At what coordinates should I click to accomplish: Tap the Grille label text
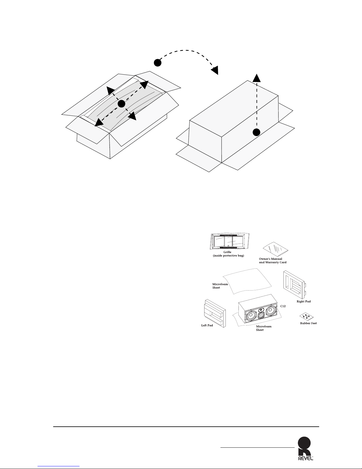click(x=227, y=252)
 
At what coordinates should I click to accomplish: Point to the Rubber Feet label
click(x=308, y=323)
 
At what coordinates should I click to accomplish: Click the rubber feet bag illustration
click(x=306, y=316)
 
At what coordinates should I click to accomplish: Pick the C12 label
click(x=283, y=306)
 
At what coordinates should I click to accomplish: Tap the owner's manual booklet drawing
click(x=275, y=249)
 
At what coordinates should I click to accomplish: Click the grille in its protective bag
click(x=230, y=241)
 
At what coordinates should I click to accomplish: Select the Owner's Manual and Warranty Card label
click(x=272, y=260)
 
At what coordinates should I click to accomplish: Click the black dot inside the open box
click(x=121, y=104)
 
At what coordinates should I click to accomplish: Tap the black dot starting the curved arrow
click(x=158, y=63)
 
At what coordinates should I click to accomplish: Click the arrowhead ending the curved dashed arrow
click(x=215, y=70)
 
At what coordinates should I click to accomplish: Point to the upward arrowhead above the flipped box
click(x=257, y=78)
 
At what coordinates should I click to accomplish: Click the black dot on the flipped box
click(x=257, y=132)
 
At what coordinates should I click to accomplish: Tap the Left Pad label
click(x=207, y=325)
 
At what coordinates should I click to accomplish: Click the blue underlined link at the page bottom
click(x=59, y=466)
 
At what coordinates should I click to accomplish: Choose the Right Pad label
click(x=303, y=301)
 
